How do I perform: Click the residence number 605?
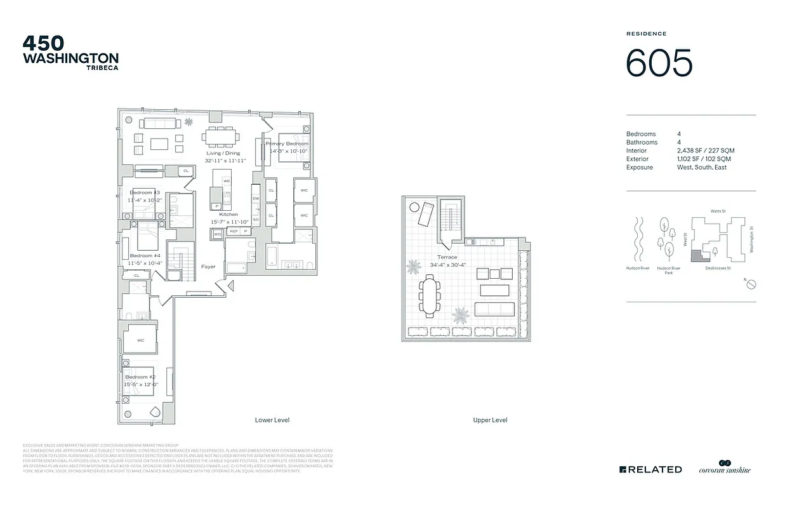[x=659, y=63]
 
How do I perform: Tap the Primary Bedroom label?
[x=287, y=144]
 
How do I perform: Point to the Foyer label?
[x=208, y=267]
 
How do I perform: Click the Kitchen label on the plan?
[x=228, y=215]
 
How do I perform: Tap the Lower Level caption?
[x=272, y=420]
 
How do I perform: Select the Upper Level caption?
[x=490, y=420]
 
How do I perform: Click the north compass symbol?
[x=750, y=285]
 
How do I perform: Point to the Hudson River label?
[x=638, y=269]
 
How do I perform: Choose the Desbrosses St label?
[x=718, y=269]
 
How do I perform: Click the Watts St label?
[x=717, y=211]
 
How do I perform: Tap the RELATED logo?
[x=650, y=469]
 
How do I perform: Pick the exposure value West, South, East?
[x=702, y=167]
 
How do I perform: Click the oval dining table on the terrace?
[x=429, y=295]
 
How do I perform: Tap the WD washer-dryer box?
[x=218, y=234]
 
